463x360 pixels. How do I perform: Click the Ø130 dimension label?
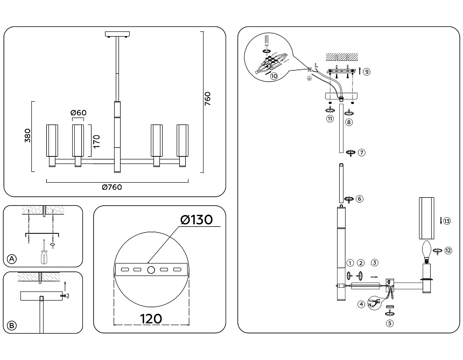point(197,220)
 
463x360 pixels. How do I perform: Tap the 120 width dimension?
point(151,319)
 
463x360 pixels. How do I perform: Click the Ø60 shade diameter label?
point(79,113)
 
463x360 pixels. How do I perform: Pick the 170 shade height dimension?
point(96,141)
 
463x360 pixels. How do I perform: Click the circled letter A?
point(12,259)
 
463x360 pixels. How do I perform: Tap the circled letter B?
point(12,326)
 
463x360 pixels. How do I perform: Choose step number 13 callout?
point(447,220)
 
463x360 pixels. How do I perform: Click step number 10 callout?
point(274,77)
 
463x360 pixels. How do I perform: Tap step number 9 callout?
point(366,71)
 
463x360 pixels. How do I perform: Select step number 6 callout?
point(360,198)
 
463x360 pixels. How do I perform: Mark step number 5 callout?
point(390,323)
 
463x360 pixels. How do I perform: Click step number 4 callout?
point(360,304)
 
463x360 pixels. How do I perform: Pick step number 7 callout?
point(362,153)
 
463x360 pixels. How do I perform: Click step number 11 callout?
point(330,120)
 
